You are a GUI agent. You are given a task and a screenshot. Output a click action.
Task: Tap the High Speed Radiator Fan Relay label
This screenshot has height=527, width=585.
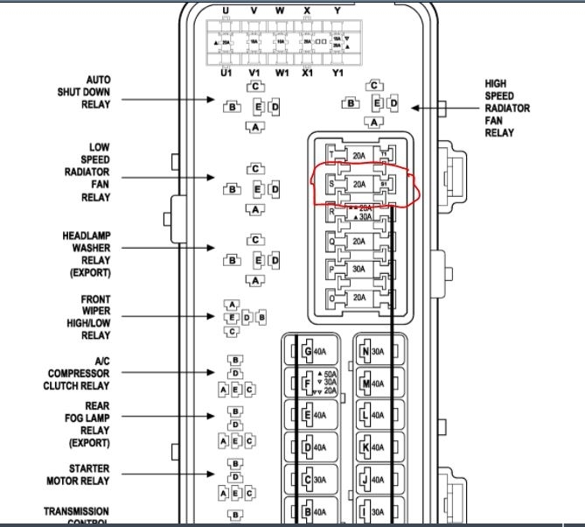click(x=505, y=109)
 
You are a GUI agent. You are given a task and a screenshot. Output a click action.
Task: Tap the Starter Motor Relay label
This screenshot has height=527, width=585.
click(x=78, y=474)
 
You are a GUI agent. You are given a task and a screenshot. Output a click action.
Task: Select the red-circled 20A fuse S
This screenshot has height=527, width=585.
click(x=359, y=184)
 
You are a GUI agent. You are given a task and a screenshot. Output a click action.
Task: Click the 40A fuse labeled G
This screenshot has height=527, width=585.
click(x=315, y=353)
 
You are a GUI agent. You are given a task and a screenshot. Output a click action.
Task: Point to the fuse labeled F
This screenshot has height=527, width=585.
click(x=315, y=384)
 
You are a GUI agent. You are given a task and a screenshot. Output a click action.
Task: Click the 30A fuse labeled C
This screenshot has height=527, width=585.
click(x=315, y=480)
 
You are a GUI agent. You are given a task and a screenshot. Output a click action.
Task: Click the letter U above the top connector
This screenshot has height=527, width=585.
click(x=226, y=11)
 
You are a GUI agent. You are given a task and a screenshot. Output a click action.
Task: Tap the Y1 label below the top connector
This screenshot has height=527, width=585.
click(x=338, y=74)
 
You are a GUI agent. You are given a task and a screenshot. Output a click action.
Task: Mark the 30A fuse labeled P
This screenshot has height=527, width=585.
click(x=359, y=270)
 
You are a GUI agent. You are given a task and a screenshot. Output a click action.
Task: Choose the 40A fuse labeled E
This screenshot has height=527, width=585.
click(x=315, y=416)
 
